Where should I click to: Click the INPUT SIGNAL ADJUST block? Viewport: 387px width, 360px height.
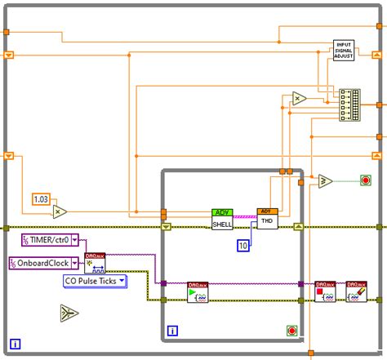pyautogui.click(x=345, y=50)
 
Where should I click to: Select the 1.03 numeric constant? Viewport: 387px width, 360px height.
pyautogui.click(x=41, y=198)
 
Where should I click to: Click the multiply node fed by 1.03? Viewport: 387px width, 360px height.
pyautogui.click(x=60, y=211)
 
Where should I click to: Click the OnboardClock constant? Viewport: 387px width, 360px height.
pyautogui.click(x=46, y=263)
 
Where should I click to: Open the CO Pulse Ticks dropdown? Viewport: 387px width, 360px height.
pyautogui.click(x=96, y=282)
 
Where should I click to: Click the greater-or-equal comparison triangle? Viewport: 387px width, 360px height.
pyautogui.click(x=324, y=180)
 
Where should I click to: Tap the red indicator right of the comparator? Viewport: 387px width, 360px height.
pyautogui.click(x=364, y=180)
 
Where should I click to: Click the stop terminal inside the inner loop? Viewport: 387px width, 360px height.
pyautogui.click(x=292, y=330)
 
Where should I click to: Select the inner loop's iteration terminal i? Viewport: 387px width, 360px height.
pyautogui.click(x=172, y=331)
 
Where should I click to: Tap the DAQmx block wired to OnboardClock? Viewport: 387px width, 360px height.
pyautogui.click(x=95, y=263)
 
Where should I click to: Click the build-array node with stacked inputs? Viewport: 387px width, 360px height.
pyautogui.click(x=349, y=105)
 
